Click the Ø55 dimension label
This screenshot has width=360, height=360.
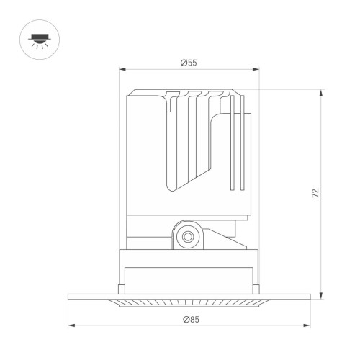[x=189, y=63]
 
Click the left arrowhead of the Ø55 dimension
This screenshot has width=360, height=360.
[x=121, y=70]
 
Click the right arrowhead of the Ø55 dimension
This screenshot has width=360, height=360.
[x=256, y=70]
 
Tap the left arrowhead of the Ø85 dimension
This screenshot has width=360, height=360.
[x=70, y=325]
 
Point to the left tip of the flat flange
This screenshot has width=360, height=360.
[x=69, y=296]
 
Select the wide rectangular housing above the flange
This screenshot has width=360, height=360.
[x=189, y=268]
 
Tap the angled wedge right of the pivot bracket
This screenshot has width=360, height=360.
[x=220, y=234]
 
